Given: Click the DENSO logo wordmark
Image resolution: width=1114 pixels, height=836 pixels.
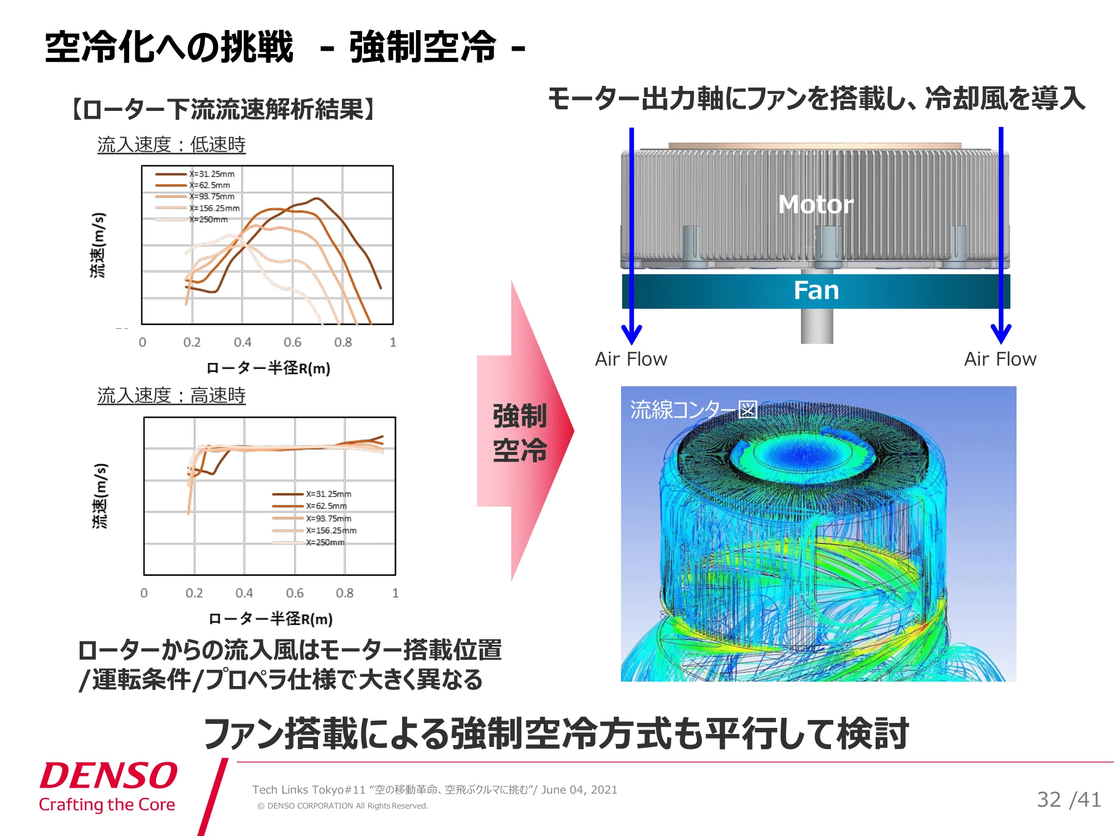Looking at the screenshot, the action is pos(109,775).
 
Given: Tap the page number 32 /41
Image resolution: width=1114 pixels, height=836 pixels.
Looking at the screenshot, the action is pos(1069,800).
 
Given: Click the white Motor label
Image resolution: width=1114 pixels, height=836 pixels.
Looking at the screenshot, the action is pos(816,205).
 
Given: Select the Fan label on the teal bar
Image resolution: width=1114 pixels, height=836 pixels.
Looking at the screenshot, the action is pos(816,290).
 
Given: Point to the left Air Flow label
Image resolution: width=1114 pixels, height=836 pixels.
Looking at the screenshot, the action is pos(631,359).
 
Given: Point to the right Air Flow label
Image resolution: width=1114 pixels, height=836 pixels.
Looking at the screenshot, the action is pos(1000,359).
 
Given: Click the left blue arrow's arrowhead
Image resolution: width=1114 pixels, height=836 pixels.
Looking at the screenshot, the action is pos(632,334).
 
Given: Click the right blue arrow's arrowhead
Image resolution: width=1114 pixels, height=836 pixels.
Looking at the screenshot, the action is pos(1001,334).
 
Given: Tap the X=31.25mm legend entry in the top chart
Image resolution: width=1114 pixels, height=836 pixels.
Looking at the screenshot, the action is pos(195,174).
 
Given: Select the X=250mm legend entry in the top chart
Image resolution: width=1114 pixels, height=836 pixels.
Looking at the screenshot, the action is pos(192,220).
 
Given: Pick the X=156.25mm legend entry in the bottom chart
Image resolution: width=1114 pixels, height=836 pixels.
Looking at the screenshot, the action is pos(314,531).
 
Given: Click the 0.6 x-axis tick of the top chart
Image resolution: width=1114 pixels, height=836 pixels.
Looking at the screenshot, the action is pos(292,342).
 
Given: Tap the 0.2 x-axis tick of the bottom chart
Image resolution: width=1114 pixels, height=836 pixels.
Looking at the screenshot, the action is pos(194,593).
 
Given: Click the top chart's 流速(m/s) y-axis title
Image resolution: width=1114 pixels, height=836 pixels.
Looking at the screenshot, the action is pos(98,245).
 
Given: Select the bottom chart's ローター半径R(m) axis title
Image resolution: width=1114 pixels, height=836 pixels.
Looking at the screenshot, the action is pos(270,619).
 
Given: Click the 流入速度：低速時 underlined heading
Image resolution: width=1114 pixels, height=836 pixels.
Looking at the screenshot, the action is pos(172,145).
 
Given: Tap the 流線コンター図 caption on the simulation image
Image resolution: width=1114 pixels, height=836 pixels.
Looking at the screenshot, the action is pos(694,410).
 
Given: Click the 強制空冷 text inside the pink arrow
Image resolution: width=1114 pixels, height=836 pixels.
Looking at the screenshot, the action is pos(520,433).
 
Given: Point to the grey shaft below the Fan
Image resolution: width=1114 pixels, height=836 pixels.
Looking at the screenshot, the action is pos(817,326).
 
